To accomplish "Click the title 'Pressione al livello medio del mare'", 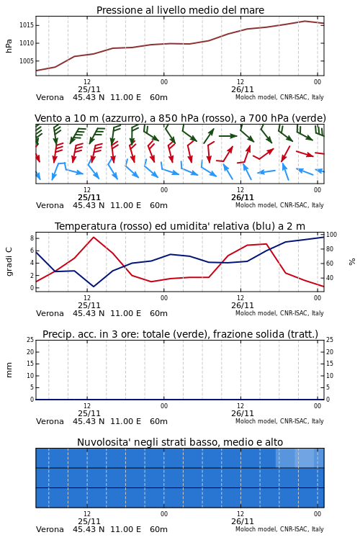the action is [x=180, y=10].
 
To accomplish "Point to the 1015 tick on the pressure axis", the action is [x=26, y=25].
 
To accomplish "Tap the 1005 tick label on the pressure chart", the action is [x=26, y=61].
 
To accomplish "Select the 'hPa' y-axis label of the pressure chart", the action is [x=9, y=46].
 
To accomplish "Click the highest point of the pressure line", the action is [x=305, y=21].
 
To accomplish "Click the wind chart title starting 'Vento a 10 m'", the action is [x=180, y=118].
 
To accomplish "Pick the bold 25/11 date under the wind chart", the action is [x=89, y=197].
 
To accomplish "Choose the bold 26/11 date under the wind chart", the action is [x=243, y=197].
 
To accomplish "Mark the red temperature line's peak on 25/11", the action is [x=94, y=237].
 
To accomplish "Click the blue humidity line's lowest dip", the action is [x=94, y=287].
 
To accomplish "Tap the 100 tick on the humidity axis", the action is [x=331, y=235].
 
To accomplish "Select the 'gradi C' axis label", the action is [x=9, y=262].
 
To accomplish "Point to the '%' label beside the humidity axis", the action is [x=352, y=262].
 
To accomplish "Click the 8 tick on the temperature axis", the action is [x=32, y=238].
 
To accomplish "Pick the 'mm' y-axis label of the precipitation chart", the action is [x=9, y=370].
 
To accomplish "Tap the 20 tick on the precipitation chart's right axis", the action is [x=330, y=351].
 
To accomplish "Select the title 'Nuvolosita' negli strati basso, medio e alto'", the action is [x=180, y=442].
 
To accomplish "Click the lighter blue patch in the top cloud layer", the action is [x=300, y=458].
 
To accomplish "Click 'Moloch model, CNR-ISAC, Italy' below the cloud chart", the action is [x=279, y=529].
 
